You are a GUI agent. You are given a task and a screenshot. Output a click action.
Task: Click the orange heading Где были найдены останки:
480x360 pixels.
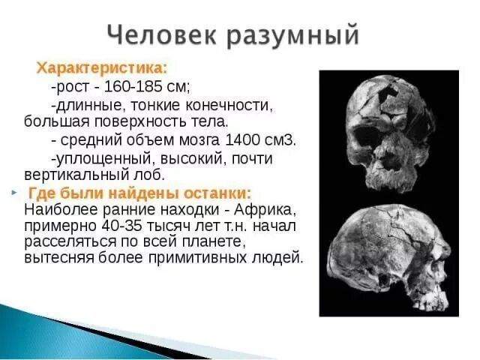click(x=139, y=192)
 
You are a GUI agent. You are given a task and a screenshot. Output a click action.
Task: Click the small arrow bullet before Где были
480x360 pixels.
click(x=14, y=192)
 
